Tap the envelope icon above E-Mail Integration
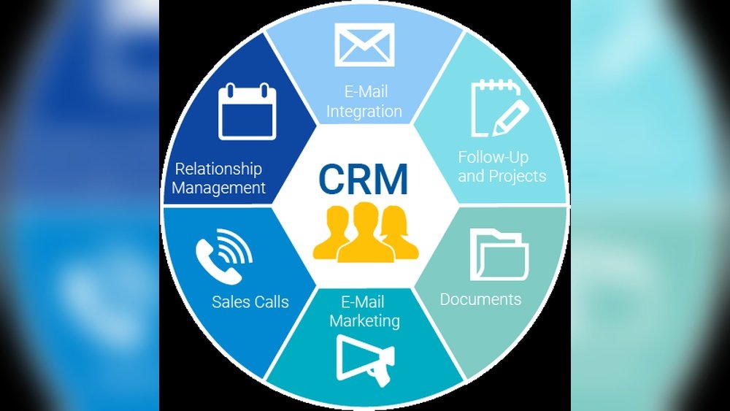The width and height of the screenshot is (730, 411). [x=364, y=46]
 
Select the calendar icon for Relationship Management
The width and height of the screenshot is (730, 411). [x=247, y=112]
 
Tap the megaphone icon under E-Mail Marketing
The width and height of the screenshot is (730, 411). [x=365, y=358]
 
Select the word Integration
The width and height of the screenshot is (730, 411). [x=364, y=112]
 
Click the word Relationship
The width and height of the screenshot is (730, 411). [x=218, y=169]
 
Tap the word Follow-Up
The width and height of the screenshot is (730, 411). [x=493, y=157]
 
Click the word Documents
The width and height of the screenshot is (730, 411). [x=480, y=299]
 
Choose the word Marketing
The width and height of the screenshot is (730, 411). [x=364, y=320]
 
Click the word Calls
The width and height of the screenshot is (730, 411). [x=271, y=301]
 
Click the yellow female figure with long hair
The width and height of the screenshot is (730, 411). [x=399, y=234]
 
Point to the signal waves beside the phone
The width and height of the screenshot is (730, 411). [x=238, y=245]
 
